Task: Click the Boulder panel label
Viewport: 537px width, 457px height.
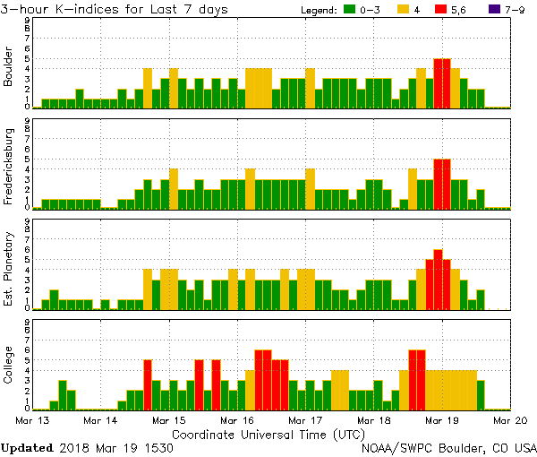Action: [10, 67]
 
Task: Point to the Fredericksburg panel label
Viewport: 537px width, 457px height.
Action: [10, 168]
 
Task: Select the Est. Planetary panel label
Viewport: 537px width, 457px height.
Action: [10, 269]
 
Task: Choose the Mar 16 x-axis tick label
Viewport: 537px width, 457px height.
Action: [237, 419]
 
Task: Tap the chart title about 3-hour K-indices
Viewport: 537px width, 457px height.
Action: [115, 9]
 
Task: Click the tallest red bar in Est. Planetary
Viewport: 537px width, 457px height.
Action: [438, 280]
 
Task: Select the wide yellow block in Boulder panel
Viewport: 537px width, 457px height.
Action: [259, 88]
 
